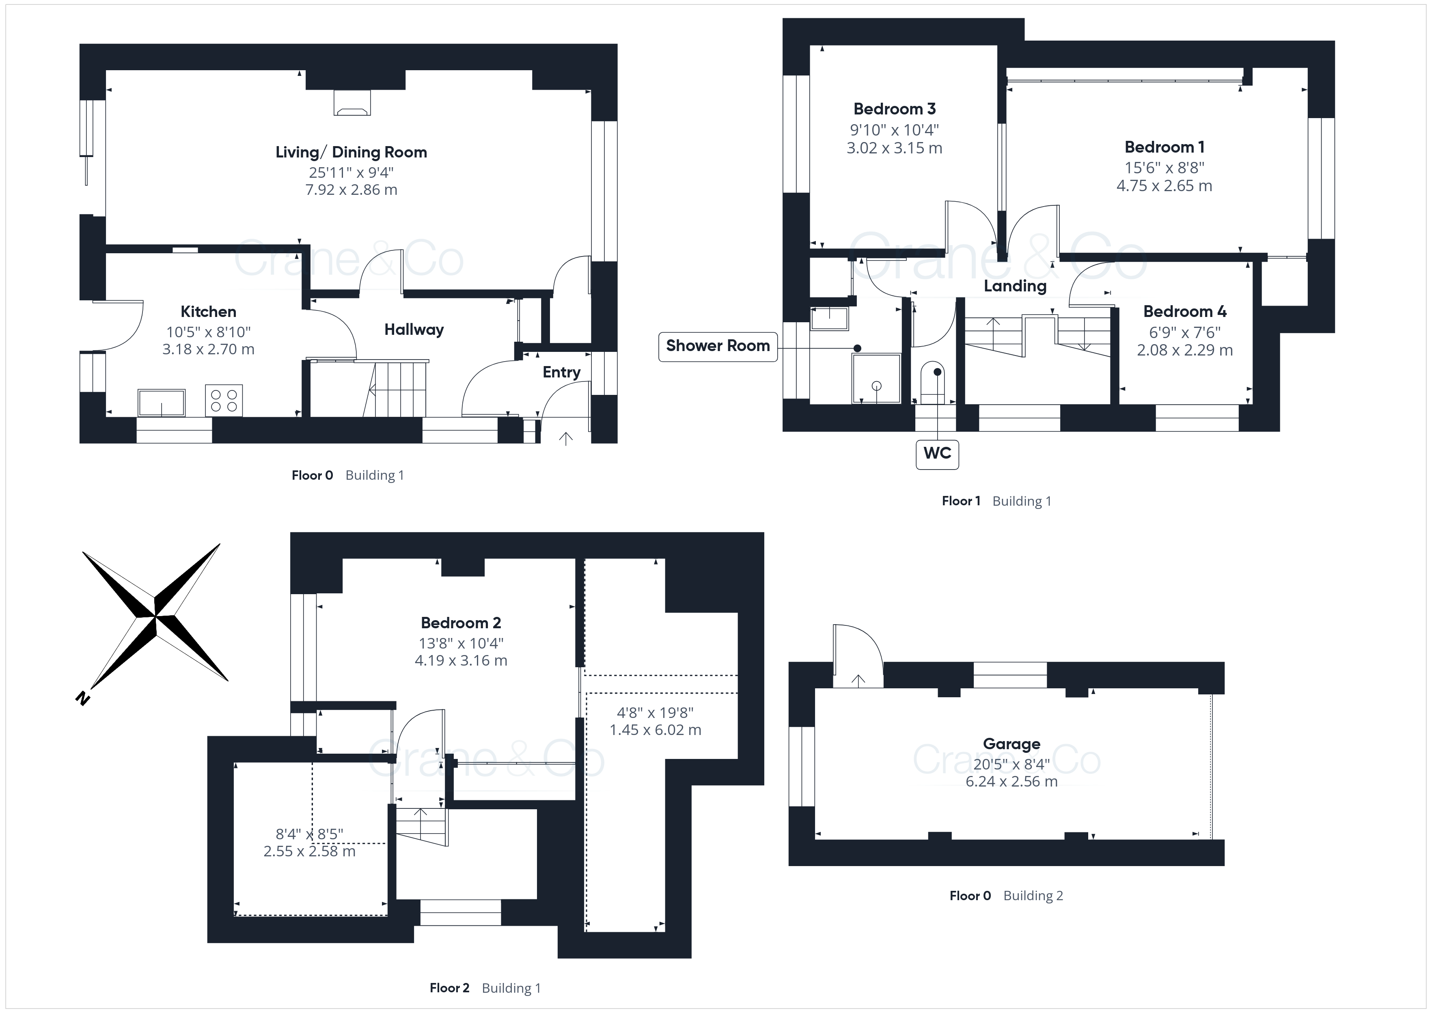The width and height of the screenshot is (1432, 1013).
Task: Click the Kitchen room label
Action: pos(208,312)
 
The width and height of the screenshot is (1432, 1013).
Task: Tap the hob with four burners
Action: pos(224,401)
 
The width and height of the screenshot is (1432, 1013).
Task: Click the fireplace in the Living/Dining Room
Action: pos(352,103)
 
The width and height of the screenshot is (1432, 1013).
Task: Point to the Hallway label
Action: pos(414,330)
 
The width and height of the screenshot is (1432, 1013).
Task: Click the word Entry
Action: pos(561,373)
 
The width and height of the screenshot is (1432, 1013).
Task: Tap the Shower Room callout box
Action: pos(718,346)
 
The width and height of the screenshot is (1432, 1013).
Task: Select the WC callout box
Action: pos(937,453)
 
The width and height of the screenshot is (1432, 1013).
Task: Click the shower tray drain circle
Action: pos(876,386)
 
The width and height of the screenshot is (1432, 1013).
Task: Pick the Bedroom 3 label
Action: pos(894,109)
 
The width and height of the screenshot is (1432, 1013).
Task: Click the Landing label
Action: pos(1016,286)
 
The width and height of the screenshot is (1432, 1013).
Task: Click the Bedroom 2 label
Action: pos(461,623)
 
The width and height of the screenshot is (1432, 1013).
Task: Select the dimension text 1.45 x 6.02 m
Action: pos(656,730)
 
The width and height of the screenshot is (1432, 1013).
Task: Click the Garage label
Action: pos(1011,744)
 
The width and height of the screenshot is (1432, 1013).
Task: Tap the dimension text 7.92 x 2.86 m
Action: pos(351,190)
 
